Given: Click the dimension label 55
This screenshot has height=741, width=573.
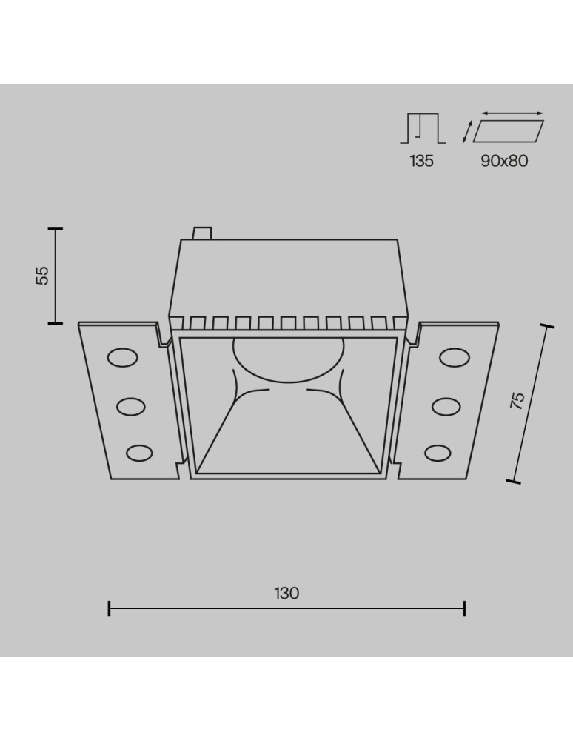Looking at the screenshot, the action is coord(42,276).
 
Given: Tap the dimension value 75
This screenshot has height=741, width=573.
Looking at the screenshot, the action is coord(517,400).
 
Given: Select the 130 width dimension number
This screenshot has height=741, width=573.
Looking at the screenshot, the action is coord(286,593).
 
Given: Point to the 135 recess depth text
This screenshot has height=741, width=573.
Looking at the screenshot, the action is coord(421,161).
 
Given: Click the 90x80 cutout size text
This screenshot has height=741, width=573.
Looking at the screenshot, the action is coord(504,161).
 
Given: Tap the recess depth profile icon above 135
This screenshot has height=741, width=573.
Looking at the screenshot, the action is coord(423,128).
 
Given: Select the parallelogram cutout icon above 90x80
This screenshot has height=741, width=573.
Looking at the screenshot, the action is coord(509,131).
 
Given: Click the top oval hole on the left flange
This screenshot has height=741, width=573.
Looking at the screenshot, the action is coord(123,358).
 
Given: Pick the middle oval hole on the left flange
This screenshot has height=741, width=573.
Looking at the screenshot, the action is coord(131,406).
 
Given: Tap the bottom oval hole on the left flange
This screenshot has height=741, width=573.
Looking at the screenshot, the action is coord(139,453).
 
